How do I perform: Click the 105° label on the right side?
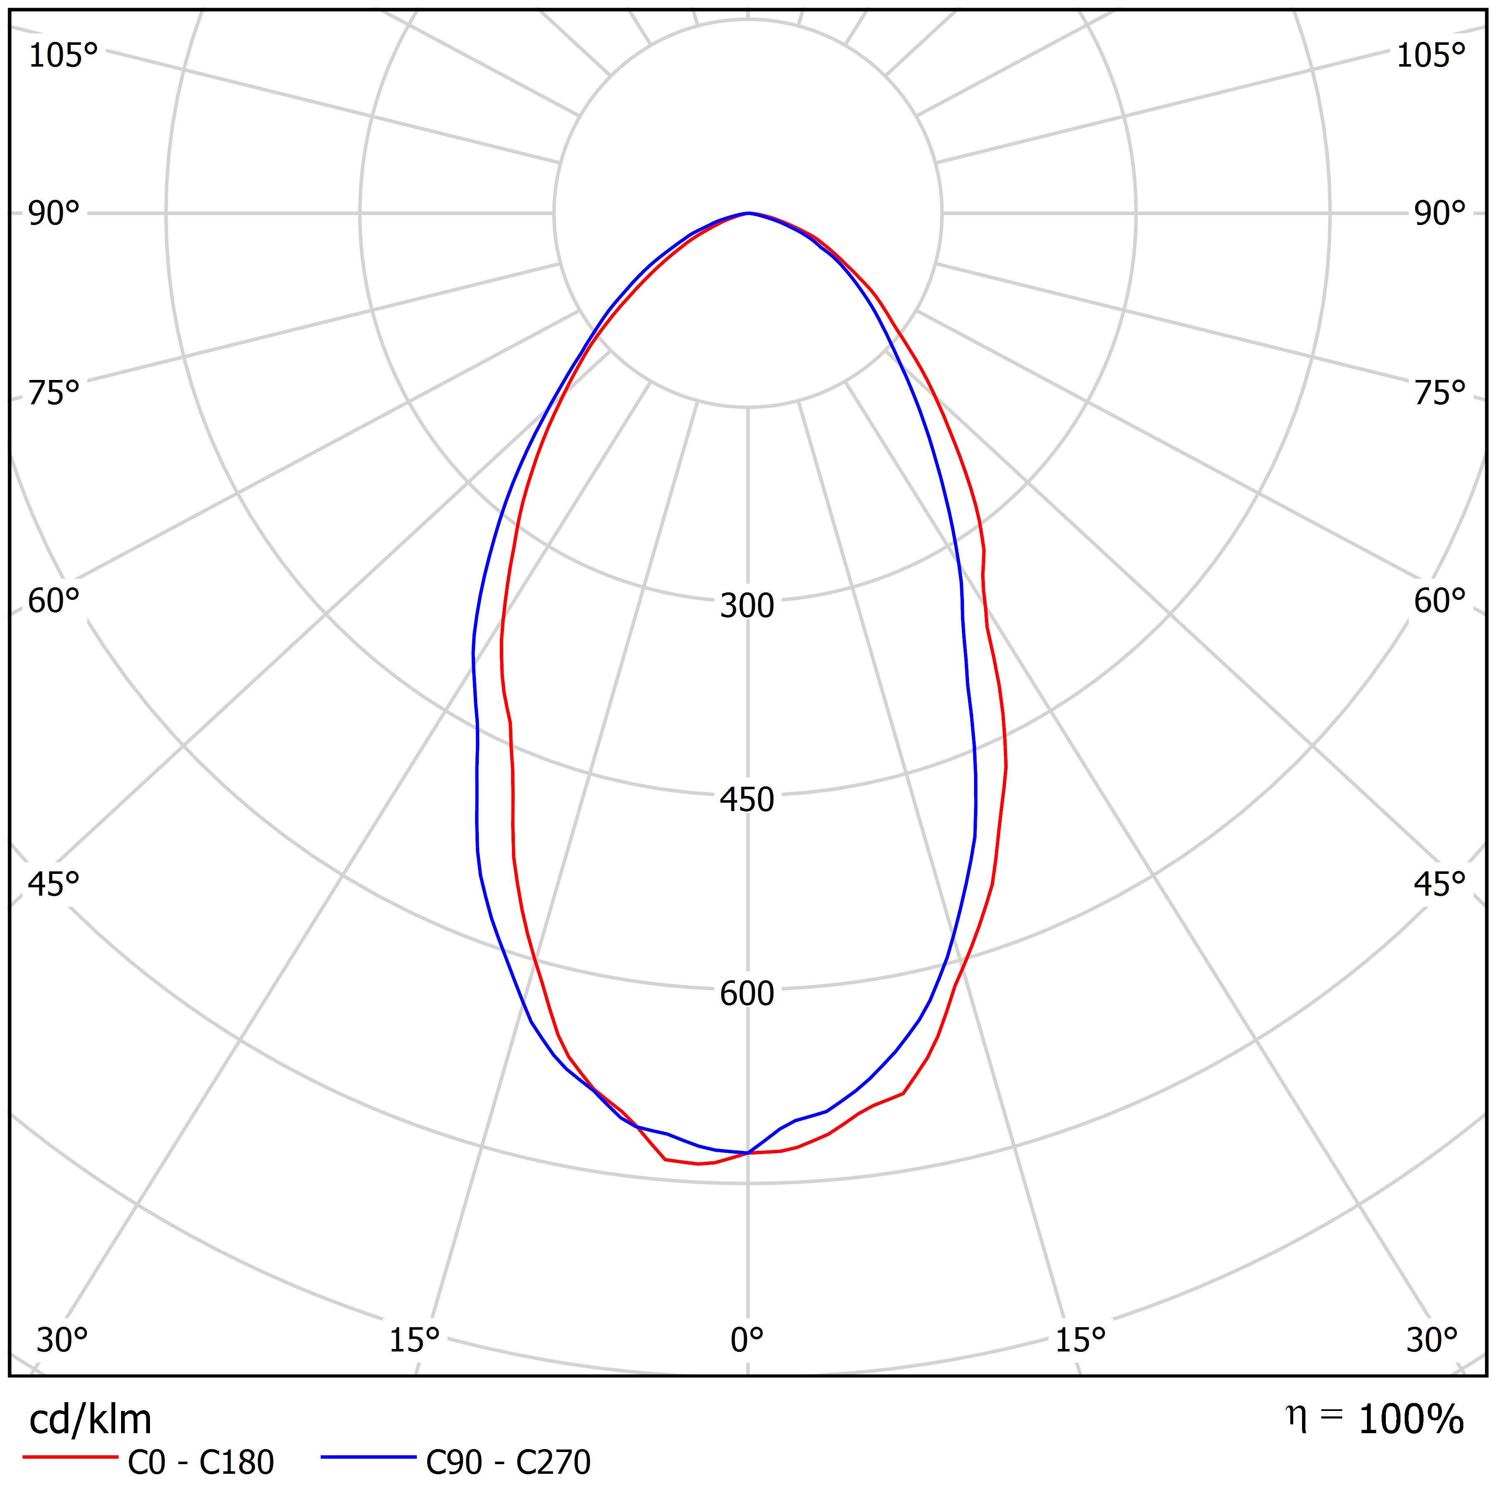pos(1431,56)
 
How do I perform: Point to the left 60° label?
pos(54,601)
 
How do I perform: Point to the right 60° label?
pos(1440,601)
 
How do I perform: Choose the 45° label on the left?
pos(54,884)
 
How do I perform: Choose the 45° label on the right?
pos(1440,884)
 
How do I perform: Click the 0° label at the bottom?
pos(747,1340)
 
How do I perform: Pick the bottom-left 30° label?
pos(62,1340)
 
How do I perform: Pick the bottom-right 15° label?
pos(1080,1340)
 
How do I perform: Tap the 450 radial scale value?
pos(747,800)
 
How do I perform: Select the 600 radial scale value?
pos(747,993)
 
